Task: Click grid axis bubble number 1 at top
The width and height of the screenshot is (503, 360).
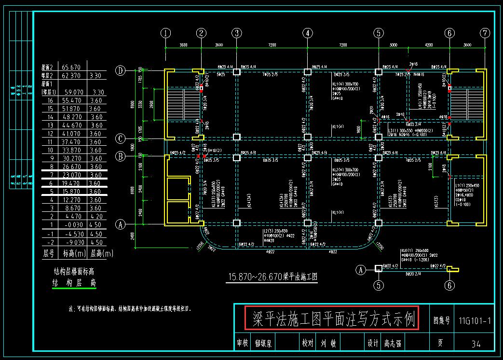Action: (166, 33)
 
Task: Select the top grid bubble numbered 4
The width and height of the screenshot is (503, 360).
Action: (308, 33)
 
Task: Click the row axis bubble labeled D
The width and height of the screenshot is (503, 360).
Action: (121, 71)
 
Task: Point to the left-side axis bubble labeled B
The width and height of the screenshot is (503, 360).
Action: (121, 156)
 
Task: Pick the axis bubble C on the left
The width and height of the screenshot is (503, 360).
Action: (121, 138)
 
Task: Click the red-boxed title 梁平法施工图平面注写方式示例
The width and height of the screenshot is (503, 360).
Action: (332, 318)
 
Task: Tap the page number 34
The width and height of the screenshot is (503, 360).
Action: (475, 344)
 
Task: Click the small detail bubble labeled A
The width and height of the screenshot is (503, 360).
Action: (360, 270)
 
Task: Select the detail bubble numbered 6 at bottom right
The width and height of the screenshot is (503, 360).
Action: (449, 285)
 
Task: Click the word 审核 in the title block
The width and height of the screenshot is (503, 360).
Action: (243, 344)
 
